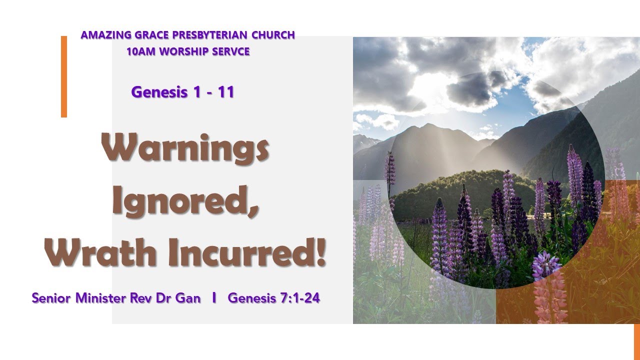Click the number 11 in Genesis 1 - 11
click(225, 92)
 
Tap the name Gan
click(189, 298)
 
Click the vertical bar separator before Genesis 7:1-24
click(214, 298)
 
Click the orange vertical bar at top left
click(63, 76)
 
